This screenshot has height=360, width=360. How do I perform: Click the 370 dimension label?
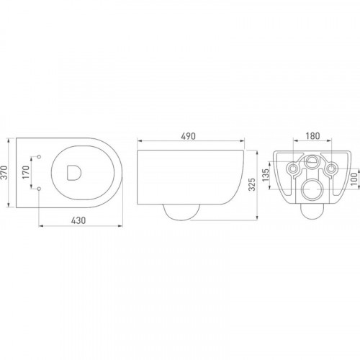coord(4,172)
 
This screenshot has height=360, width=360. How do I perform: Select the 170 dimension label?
coord(26,172)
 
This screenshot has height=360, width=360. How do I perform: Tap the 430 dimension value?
coord(78,220)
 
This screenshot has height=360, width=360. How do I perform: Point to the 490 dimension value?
coord(189,136)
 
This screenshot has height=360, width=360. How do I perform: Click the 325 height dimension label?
coord(252,184)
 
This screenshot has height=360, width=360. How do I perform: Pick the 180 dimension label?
coord(312,136)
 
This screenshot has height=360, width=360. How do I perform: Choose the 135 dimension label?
coord(266,175)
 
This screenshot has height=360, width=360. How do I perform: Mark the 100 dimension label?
coord(354,179)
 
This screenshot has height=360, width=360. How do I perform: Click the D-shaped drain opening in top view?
coord(74,173)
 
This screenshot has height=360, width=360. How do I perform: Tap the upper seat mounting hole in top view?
coord(39,157)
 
